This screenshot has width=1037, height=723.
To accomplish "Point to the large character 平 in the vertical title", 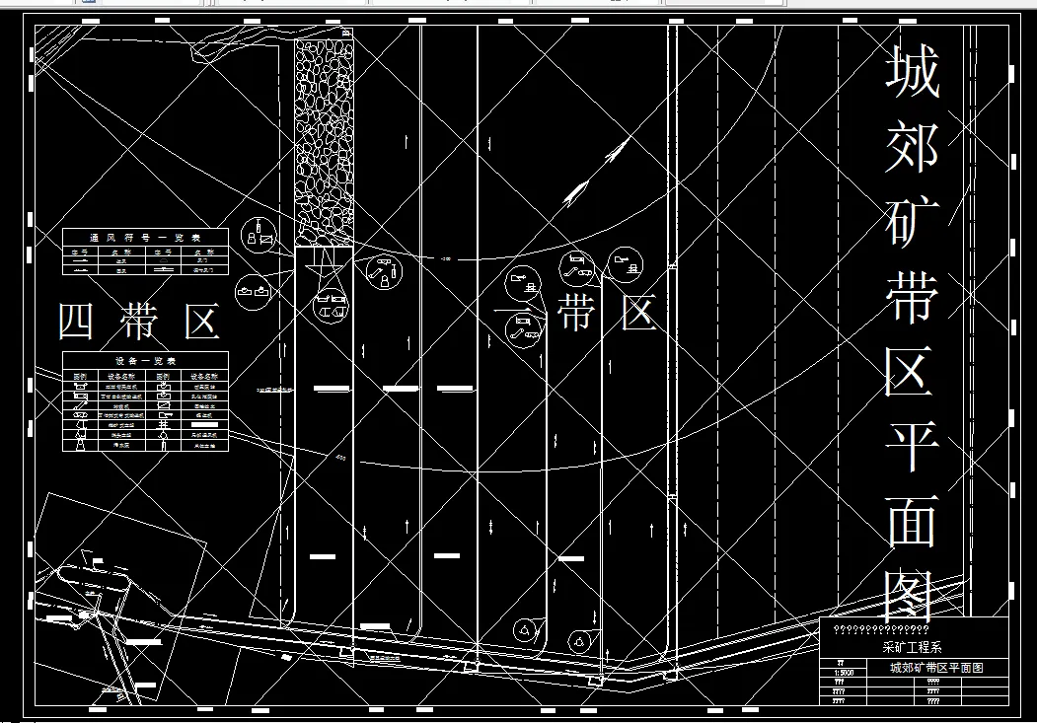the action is (x=912, y=446).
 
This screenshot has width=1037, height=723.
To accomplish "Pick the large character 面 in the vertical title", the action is (x=912, y=521).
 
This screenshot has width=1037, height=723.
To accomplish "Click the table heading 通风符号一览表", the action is (x=145, y=238).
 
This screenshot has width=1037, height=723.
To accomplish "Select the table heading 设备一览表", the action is (x=145, y=361).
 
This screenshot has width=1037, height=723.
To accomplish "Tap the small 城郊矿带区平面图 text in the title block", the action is (x=936, y=668).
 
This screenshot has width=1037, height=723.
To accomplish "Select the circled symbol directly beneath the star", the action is (x=330, y=307).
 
